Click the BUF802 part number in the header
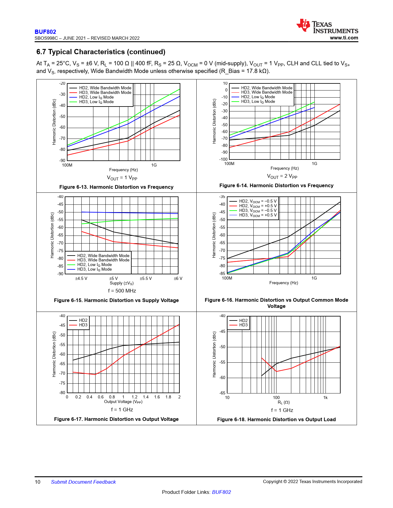(45, 32)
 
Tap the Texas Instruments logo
(327, 26)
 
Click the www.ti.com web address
(344, 38)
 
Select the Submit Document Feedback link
(83, 482)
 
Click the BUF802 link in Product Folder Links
(221, 492)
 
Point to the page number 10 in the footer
(38, 482)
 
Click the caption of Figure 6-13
(116, 187)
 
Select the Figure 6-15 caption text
(116, 300)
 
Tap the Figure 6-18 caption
(276, 419)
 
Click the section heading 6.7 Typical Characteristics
(101, 52)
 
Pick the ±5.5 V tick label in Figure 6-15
(146, 278)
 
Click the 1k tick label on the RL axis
(325, 397)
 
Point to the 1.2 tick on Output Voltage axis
(134, 397)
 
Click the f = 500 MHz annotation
(122, 291)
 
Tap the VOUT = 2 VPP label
(282, 176)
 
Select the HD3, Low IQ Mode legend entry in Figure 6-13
(96, 102)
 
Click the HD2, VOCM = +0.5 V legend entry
(258, 206)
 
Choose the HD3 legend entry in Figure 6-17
(83, 325)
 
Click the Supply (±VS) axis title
(121, 283)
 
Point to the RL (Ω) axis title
(284, 402)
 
